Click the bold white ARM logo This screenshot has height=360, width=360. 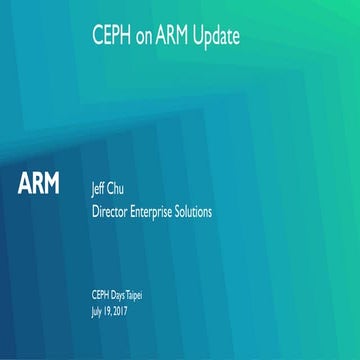pos(39,184)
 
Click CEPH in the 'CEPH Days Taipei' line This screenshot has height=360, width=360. pos(101,291)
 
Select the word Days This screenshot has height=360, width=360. pos(123,291)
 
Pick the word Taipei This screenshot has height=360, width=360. pos(147,291)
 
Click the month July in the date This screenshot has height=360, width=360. pos(97,309)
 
